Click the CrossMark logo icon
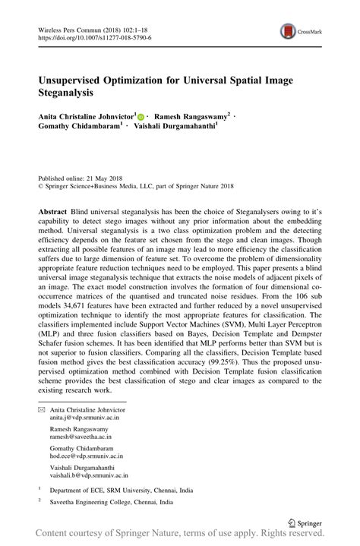pyautogui.click(x=288, y=31)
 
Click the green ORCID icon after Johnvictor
pyautogui.click(x=141, y=116)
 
